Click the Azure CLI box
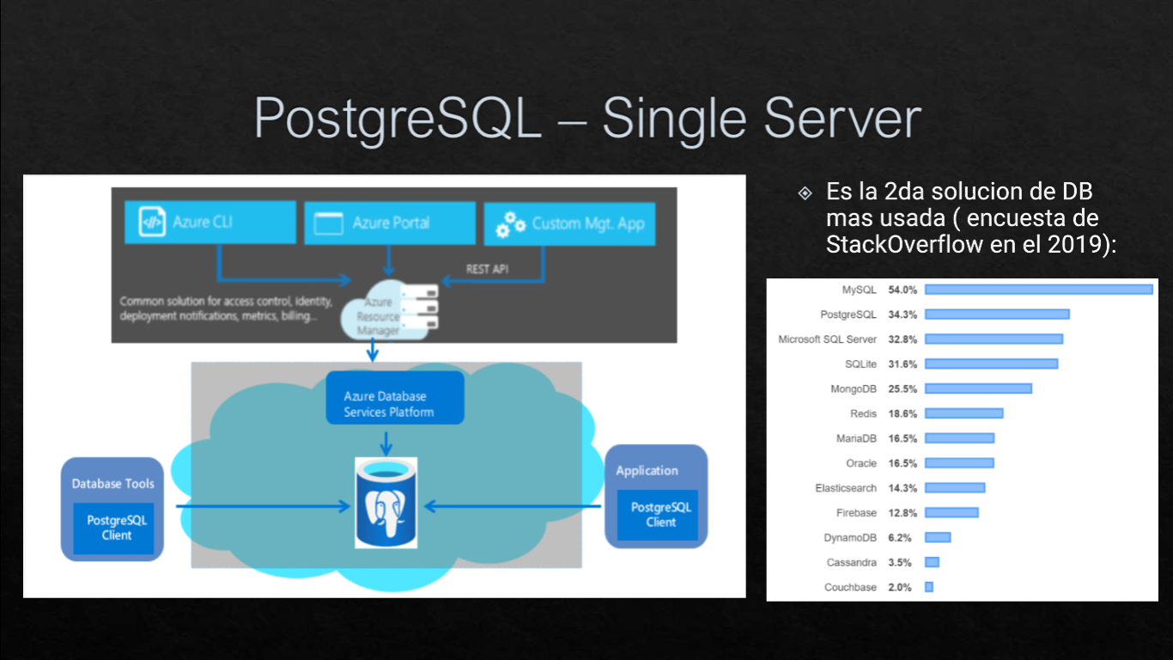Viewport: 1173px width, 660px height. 210,223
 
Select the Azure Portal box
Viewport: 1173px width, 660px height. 390,223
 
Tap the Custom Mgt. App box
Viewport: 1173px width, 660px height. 569,224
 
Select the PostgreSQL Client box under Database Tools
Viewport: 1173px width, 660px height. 116,528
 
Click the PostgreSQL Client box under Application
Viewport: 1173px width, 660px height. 660,515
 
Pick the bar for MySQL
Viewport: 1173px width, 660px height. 1038,290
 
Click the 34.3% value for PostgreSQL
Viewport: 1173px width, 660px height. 903,315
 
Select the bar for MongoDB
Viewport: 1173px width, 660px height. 978,388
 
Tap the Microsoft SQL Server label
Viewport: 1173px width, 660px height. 827,339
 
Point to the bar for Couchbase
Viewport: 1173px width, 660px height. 929,587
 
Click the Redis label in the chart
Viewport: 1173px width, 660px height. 863,413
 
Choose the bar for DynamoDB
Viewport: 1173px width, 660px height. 938,537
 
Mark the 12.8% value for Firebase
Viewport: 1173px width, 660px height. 903,513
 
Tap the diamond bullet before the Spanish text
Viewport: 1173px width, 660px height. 805,192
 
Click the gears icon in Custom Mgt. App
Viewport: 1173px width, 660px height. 510,224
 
